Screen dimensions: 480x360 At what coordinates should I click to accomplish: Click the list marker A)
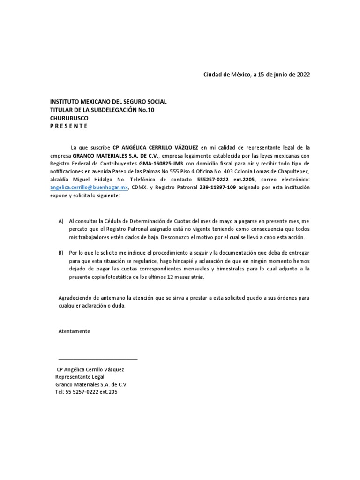point(61,221)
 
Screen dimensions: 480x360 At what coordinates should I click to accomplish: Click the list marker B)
point(61,252)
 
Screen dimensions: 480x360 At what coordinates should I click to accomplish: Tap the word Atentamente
point(74,331)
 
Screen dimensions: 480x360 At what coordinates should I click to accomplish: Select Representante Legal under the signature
point(80,377)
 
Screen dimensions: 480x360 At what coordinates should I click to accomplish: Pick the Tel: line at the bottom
point(86,392)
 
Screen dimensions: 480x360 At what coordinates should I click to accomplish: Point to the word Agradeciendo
point(76,298)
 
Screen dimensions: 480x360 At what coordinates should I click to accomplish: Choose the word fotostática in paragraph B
point(116,277)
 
